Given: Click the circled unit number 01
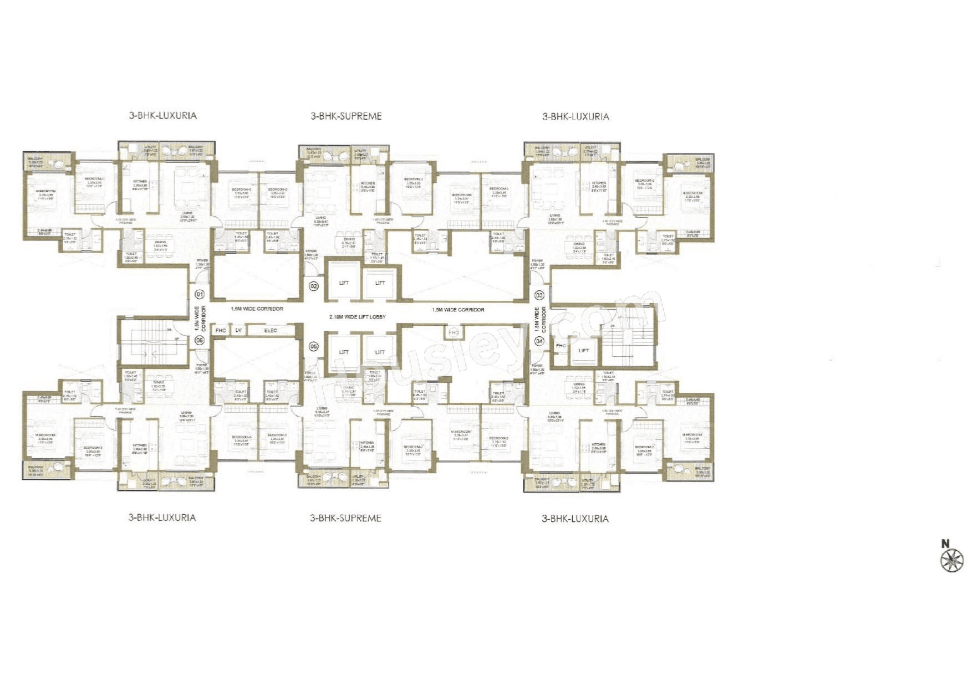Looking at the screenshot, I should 200,294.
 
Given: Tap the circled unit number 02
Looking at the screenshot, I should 314,286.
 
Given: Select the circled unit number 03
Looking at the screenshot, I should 539,295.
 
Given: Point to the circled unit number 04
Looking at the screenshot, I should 539,341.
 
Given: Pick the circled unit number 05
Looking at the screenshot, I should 314,347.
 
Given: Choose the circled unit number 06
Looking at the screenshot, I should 200,340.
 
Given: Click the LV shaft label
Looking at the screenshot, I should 238,330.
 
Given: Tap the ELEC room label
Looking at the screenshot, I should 271,331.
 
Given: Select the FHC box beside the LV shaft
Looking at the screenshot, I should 221,331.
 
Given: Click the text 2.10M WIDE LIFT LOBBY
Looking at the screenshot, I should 357,317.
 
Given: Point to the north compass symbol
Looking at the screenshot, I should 951,560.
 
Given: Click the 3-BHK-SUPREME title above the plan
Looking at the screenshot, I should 346,116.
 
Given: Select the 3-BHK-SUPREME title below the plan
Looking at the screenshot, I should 345,518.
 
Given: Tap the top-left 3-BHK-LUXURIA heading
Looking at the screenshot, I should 162,116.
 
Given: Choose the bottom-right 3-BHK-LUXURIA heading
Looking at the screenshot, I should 575,519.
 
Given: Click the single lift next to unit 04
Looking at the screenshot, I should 583,350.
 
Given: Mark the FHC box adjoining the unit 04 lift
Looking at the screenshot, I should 561,346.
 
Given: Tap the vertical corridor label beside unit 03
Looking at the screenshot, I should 540,320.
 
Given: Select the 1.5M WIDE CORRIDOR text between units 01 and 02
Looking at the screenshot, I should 257,309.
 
